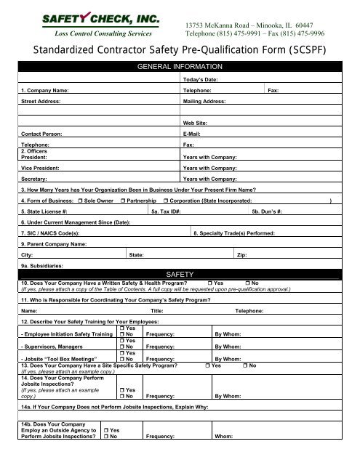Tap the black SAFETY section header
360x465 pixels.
[x=180, y=273]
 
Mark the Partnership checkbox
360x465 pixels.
[x=124, y=199]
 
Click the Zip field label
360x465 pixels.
[x=243, y=256]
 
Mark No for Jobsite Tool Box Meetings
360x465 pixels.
[x=121, y=358]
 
